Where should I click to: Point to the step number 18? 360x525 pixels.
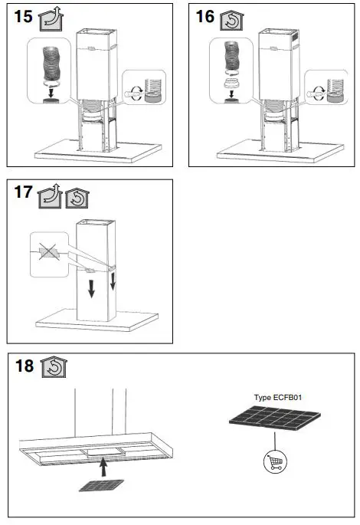[x=24, y=366]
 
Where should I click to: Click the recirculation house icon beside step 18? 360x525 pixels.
[x=54, y=367]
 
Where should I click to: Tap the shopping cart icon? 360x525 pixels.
[x=275, y=462]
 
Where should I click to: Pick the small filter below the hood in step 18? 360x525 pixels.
[x=97, y=486]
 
